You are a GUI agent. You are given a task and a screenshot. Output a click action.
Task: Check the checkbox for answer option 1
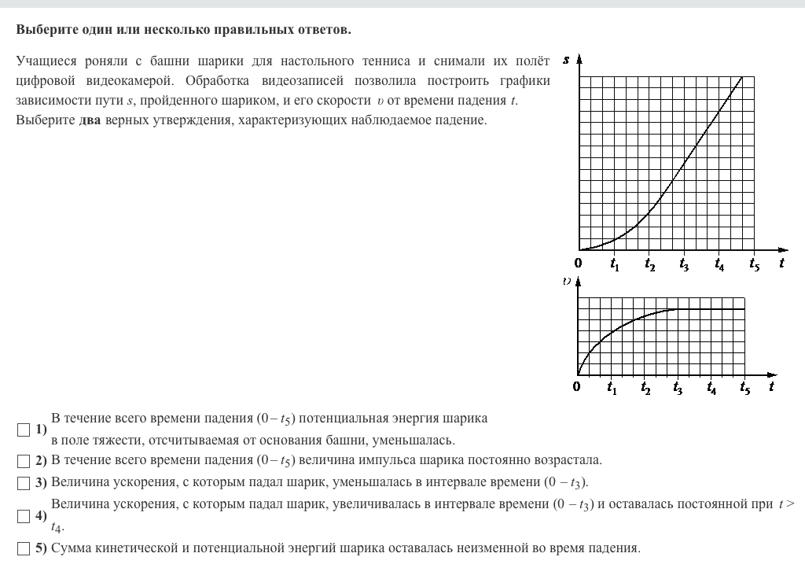coord(22,430)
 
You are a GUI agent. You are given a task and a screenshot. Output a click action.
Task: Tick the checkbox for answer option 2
coord(22,460)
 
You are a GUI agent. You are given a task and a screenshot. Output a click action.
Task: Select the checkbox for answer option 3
coord(22,482)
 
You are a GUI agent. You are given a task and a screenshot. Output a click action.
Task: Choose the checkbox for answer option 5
coord(22,548)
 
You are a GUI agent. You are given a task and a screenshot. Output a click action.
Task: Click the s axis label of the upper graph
coord(567,59)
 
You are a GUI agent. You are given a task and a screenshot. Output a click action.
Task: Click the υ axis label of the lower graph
coord(567,281)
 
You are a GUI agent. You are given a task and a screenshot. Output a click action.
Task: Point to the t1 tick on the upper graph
coord(615,265)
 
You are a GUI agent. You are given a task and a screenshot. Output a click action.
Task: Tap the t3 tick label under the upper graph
coord(684,265)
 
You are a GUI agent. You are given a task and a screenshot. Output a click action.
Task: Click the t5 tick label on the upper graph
coord(754,265)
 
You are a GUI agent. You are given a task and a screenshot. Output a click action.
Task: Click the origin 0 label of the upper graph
coord(579,264)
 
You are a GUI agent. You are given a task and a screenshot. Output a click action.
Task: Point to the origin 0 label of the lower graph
coord(577,386)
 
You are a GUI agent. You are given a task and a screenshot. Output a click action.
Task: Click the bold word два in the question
coord(90,120)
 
